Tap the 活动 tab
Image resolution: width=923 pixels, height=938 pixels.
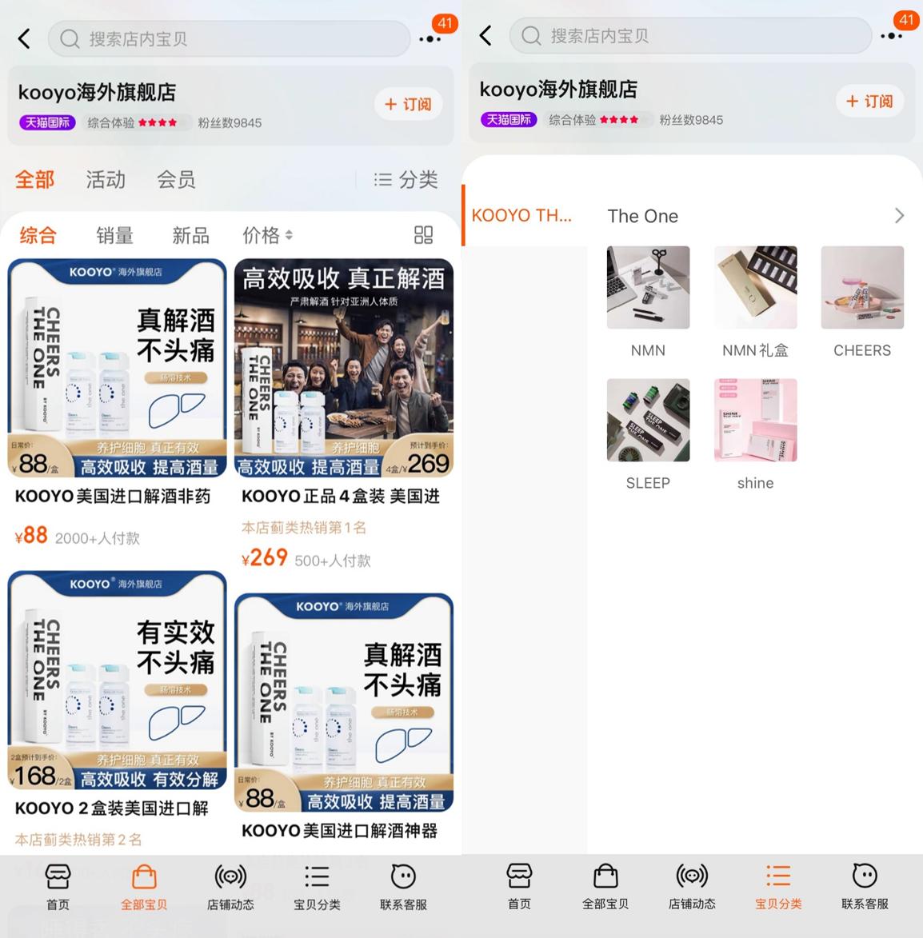[106, 180]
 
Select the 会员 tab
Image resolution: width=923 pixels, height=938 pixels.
[176, 180]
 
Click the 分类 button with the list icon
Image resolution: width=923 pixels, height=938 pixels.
[406, 180]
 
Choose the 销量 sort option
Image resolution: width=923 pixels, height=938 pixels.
[114, 235]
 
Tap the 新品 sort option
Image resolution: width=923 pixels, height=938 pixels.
[190, 235]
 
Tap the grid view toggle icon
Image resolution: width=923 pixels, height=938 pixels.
[423, 234]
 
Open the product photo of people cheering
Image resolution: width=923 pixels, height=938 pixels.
[344, 368]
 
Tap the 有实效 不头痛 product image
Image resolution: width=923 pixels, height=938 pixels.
[117, 680]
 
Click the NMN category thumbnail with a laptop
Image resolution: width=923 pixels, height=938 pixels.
[648, 287]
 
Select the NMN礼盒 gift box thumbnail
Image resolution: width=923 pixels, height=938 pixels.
[755, 287]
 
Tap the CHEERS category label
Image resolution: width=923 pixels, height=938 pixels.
[861, 350]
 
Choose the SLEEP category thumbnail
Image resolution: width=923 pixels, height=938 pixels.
[648, 420]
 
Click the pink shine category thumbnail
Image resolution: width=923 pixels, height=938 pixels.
[755, 420]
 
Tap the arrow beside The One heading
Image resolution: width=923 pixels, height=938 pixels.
[899, 216]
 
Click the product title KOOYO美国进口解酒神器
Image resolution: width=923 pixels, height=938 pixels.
[339, 831]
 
